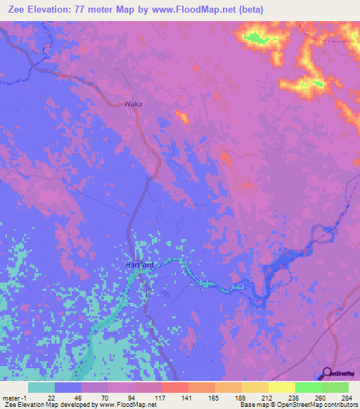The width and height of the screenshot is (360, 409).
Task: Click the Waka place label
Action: pyautogui.click(x=133, y=103)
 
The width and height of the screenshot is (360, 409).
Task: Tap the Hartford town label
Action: pyautogui.click(x=139, y=265)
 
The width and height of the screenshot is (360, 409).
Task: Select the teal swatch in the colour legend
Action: pyautogui.click(x=41, y=387)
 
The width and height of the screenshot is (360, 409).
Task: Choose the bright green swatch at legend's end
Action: pyautogui.click(x=335, y=387)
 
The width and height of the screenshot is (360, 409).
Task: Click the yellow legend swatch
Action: pyautogui.click(x=282, y=387)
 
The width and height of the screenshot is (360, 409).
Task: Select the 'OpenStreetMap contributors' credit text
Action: pyautogui.click(x=323, y=405)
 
